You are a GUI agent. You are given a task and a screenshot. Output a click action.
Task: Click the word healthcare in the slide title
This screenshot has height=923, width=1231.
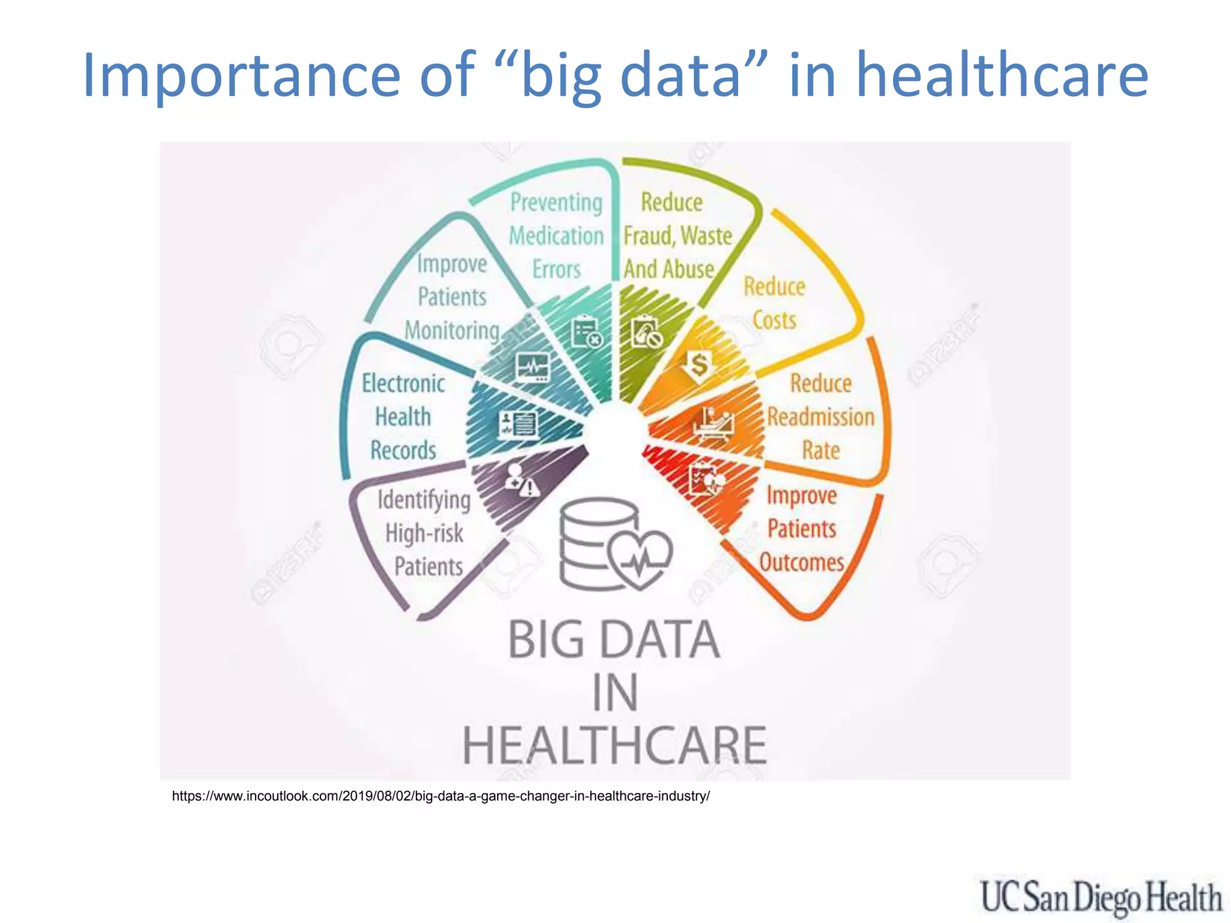(x=1001, y=76)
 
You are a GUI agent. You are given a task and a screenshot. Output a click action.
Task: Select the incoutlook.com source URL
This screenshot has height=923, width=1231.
(x=441, y=796)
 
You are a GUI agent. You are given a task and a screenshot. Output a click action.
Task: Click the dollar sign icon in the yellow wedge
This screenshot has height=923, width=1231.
(x=698, y=364)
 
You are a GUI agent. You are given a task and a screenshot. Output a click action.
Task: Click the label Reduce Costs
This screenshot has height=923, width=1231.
(x=774, y=303)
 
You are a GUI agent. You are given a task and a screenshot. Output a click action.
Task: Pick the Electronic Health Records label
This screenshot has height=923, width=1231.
(x=403, y=416)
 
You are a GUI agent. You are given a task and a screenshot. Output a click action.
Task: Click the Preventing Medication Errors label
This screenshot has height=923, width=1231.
(x=556, y=236)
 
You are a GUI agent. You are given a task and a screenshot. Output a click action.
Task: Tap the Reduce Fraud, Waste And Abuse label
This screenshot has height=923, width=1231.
(x=677, y=236)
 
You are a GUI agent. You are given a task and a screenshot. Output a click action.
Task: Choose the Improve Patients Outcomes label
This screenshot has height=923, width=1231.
(x=801, y=529)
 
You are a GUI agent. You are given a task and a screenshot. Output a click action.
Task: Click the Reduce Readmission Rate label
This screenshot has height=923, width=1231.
(x=820, y=416)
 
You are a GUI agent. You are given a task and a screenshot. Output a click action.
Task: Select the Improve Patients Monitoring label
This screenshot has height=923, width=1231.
(x=452, y=297)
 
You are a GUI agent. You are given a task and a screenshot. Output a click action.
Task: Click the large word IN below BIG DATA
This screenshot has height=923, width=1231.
(x=614, y=693)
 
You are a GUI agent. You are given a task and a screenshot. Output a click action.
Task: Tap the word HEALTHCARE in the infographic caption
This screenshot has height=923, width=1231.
(x=614, y=745)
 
